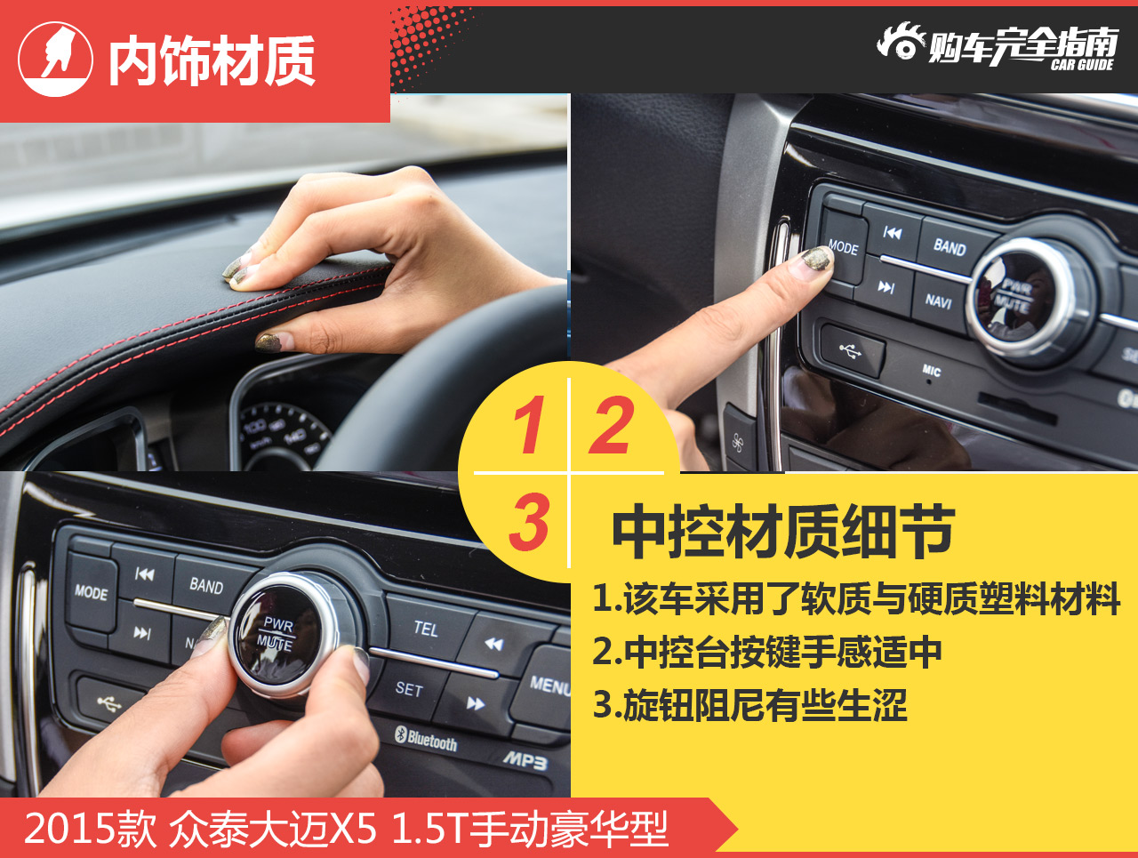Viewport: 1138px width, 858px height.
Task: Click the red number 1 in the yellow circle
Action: click(x=529, y=425)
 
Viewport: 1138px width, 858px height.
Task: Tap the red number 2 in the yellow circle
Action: click(x=611, y=425)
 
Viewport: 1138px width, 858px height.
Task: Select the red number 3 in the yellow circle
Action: click(x=529, y=522)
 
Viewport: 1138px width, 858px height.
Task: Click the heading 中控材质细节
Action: click(x=783, y=532)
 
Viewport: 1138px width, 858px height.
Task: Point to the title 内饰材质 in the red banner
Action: click(x=212, y=61)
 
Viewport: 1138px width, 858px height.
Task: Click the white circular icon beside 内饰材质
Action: click(x=55, y=60)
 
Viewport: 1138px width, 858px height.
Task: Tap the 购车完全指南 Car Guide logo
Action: click(x=997, y=45)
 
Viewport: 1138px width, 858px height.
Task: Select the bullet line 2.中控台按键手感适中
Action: click(x=766, y=652)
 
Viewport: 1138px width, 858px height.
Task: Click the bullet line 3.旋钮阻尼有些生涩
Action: click(x=749, y=705)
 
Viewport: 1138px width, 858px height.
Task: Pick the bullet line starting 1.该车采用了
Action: click(x=855, y=598)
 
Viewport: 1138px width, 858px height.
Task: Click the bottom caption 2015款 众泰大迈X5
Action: click(x=346, y=829)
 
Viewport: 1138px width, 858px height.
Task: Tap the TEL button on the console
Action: click(x=426, y=629)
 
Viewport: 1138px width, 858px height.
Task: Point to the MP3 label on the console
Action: click(x=526, y=759)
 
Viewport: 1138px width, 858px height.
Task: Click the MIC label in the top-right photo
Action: click(x=931, y=371)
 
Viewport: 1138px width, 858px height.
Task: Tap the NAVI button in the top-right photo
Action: click(x=939, y=301)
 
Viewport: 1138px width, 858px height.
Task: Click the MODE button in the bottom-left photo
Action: click(x=91, y=593)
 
